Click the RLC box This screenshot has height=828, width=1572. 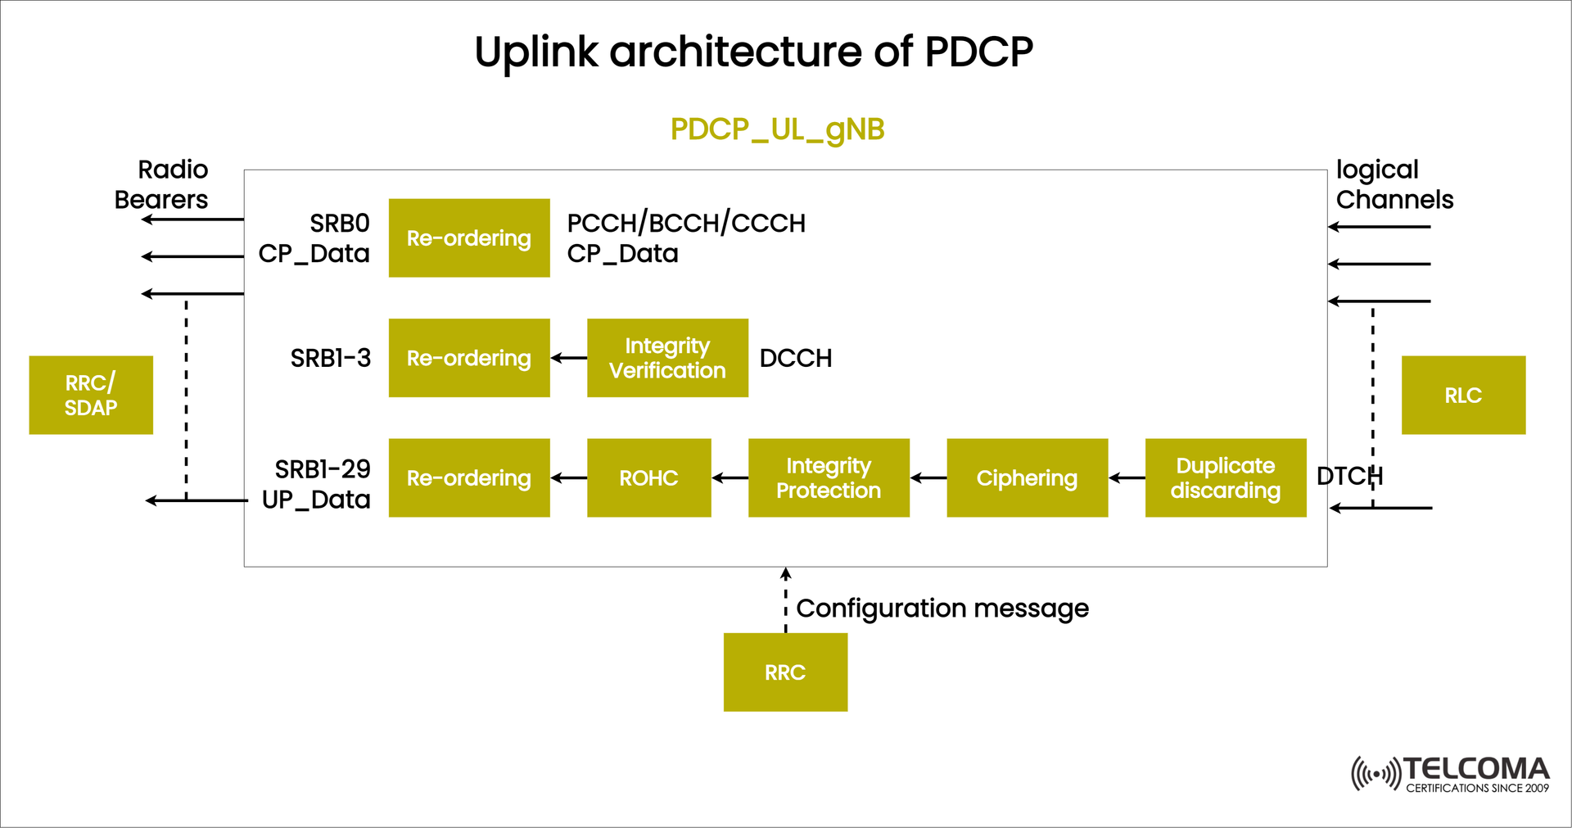tap(1462, 395)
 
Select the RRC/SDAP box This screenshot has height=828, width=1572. tap(91, 395)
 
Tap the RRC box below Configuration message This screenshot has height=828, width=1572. tap(785, 672)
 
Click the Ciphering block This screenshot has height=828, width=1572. tap(1027, 477)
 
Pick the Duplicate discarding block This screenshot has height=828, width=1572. tap(1225, 477)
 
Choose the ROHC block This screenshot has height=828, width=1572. tap(648, 477)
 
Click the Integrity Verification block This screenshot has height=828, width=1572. tap(667, 358)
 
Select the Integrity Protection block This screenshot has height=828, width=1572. tap(829, 477)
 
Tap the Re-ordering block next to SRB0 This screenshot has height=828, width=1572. tap(469, 238)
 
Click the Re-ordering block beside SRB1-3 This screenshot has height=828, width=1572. tap(469, 358)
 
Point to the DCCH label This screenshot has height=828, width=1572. tap(795, 358)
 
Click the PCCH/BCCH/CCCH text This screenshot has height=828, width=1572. tap(686, 223)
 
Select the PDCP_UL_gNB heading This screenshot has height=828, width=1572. tap(777, 129)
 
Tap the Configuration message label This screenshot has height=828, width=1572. tap(942, 609)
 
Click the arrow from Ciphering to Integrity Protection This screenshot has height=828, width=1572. tap(928, 477)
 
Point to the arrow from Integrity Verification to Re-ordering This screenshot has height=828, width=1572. tap(569, 358)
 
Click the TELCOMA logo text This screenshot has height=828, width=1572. tap(1475, 769)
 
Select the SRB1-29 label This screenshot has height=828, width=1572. tap(323, 469)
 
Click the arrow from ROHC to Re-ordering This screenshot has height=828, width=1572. tap(569, 477)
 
